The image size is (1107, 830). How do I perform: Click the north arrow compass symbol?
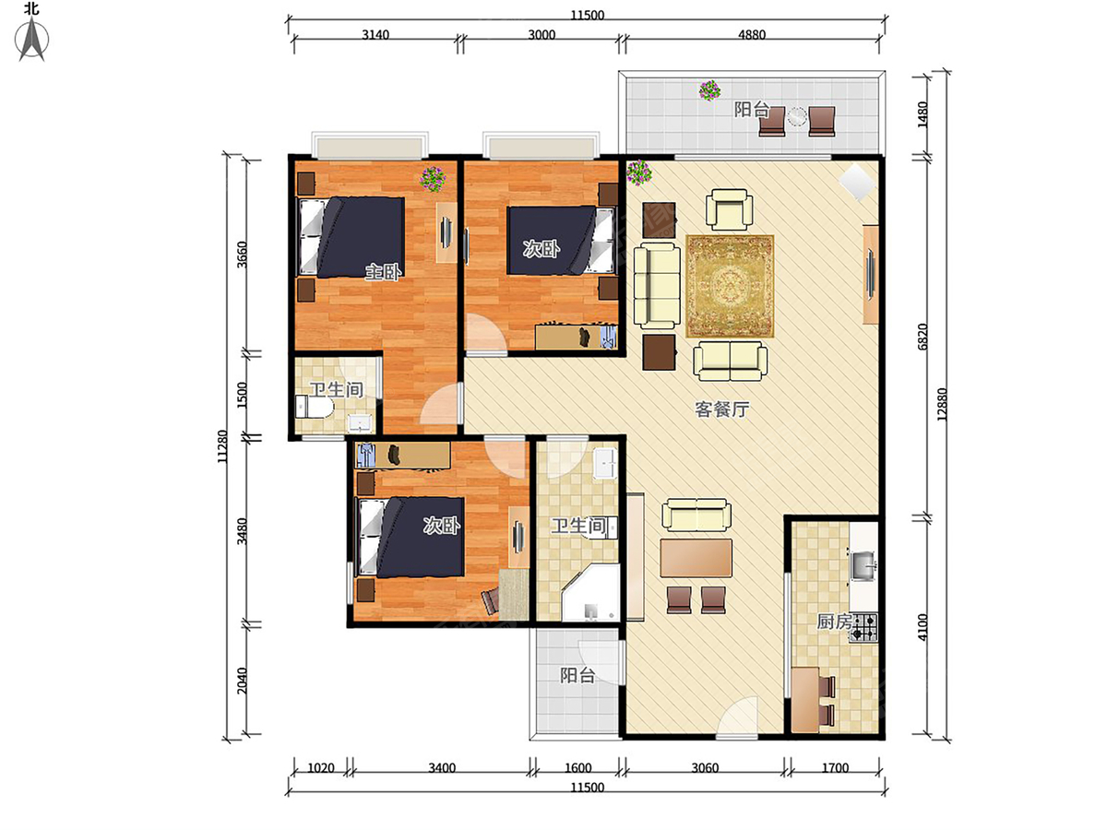coord(34,39)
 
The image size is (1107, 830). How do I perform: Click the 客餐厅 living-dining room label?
coord(720,409)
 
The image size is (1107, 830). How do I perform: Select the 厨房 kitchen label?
coord(833,622)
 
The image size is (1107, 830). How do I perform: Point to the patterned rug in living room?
coord(729,286)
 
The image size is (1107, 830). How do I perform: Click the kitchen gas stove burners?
coord(864,628)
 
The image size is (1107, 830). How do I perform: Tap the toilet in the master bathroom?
coord(311,408)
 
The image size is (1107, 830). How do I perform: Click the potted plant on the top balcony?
coord(709,90)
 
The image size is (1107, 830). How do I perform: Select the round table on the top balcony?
coord(797,117)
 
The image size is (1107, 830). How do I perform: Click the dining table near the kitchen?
coord(696,557)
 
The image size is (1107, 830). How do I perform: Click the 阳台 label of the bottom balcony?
coord(577,675)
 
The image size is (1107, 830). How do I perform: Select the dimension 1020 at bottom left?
coord(320,766)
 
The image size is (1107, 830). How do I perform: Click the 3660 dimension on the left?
coord(243,254)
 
